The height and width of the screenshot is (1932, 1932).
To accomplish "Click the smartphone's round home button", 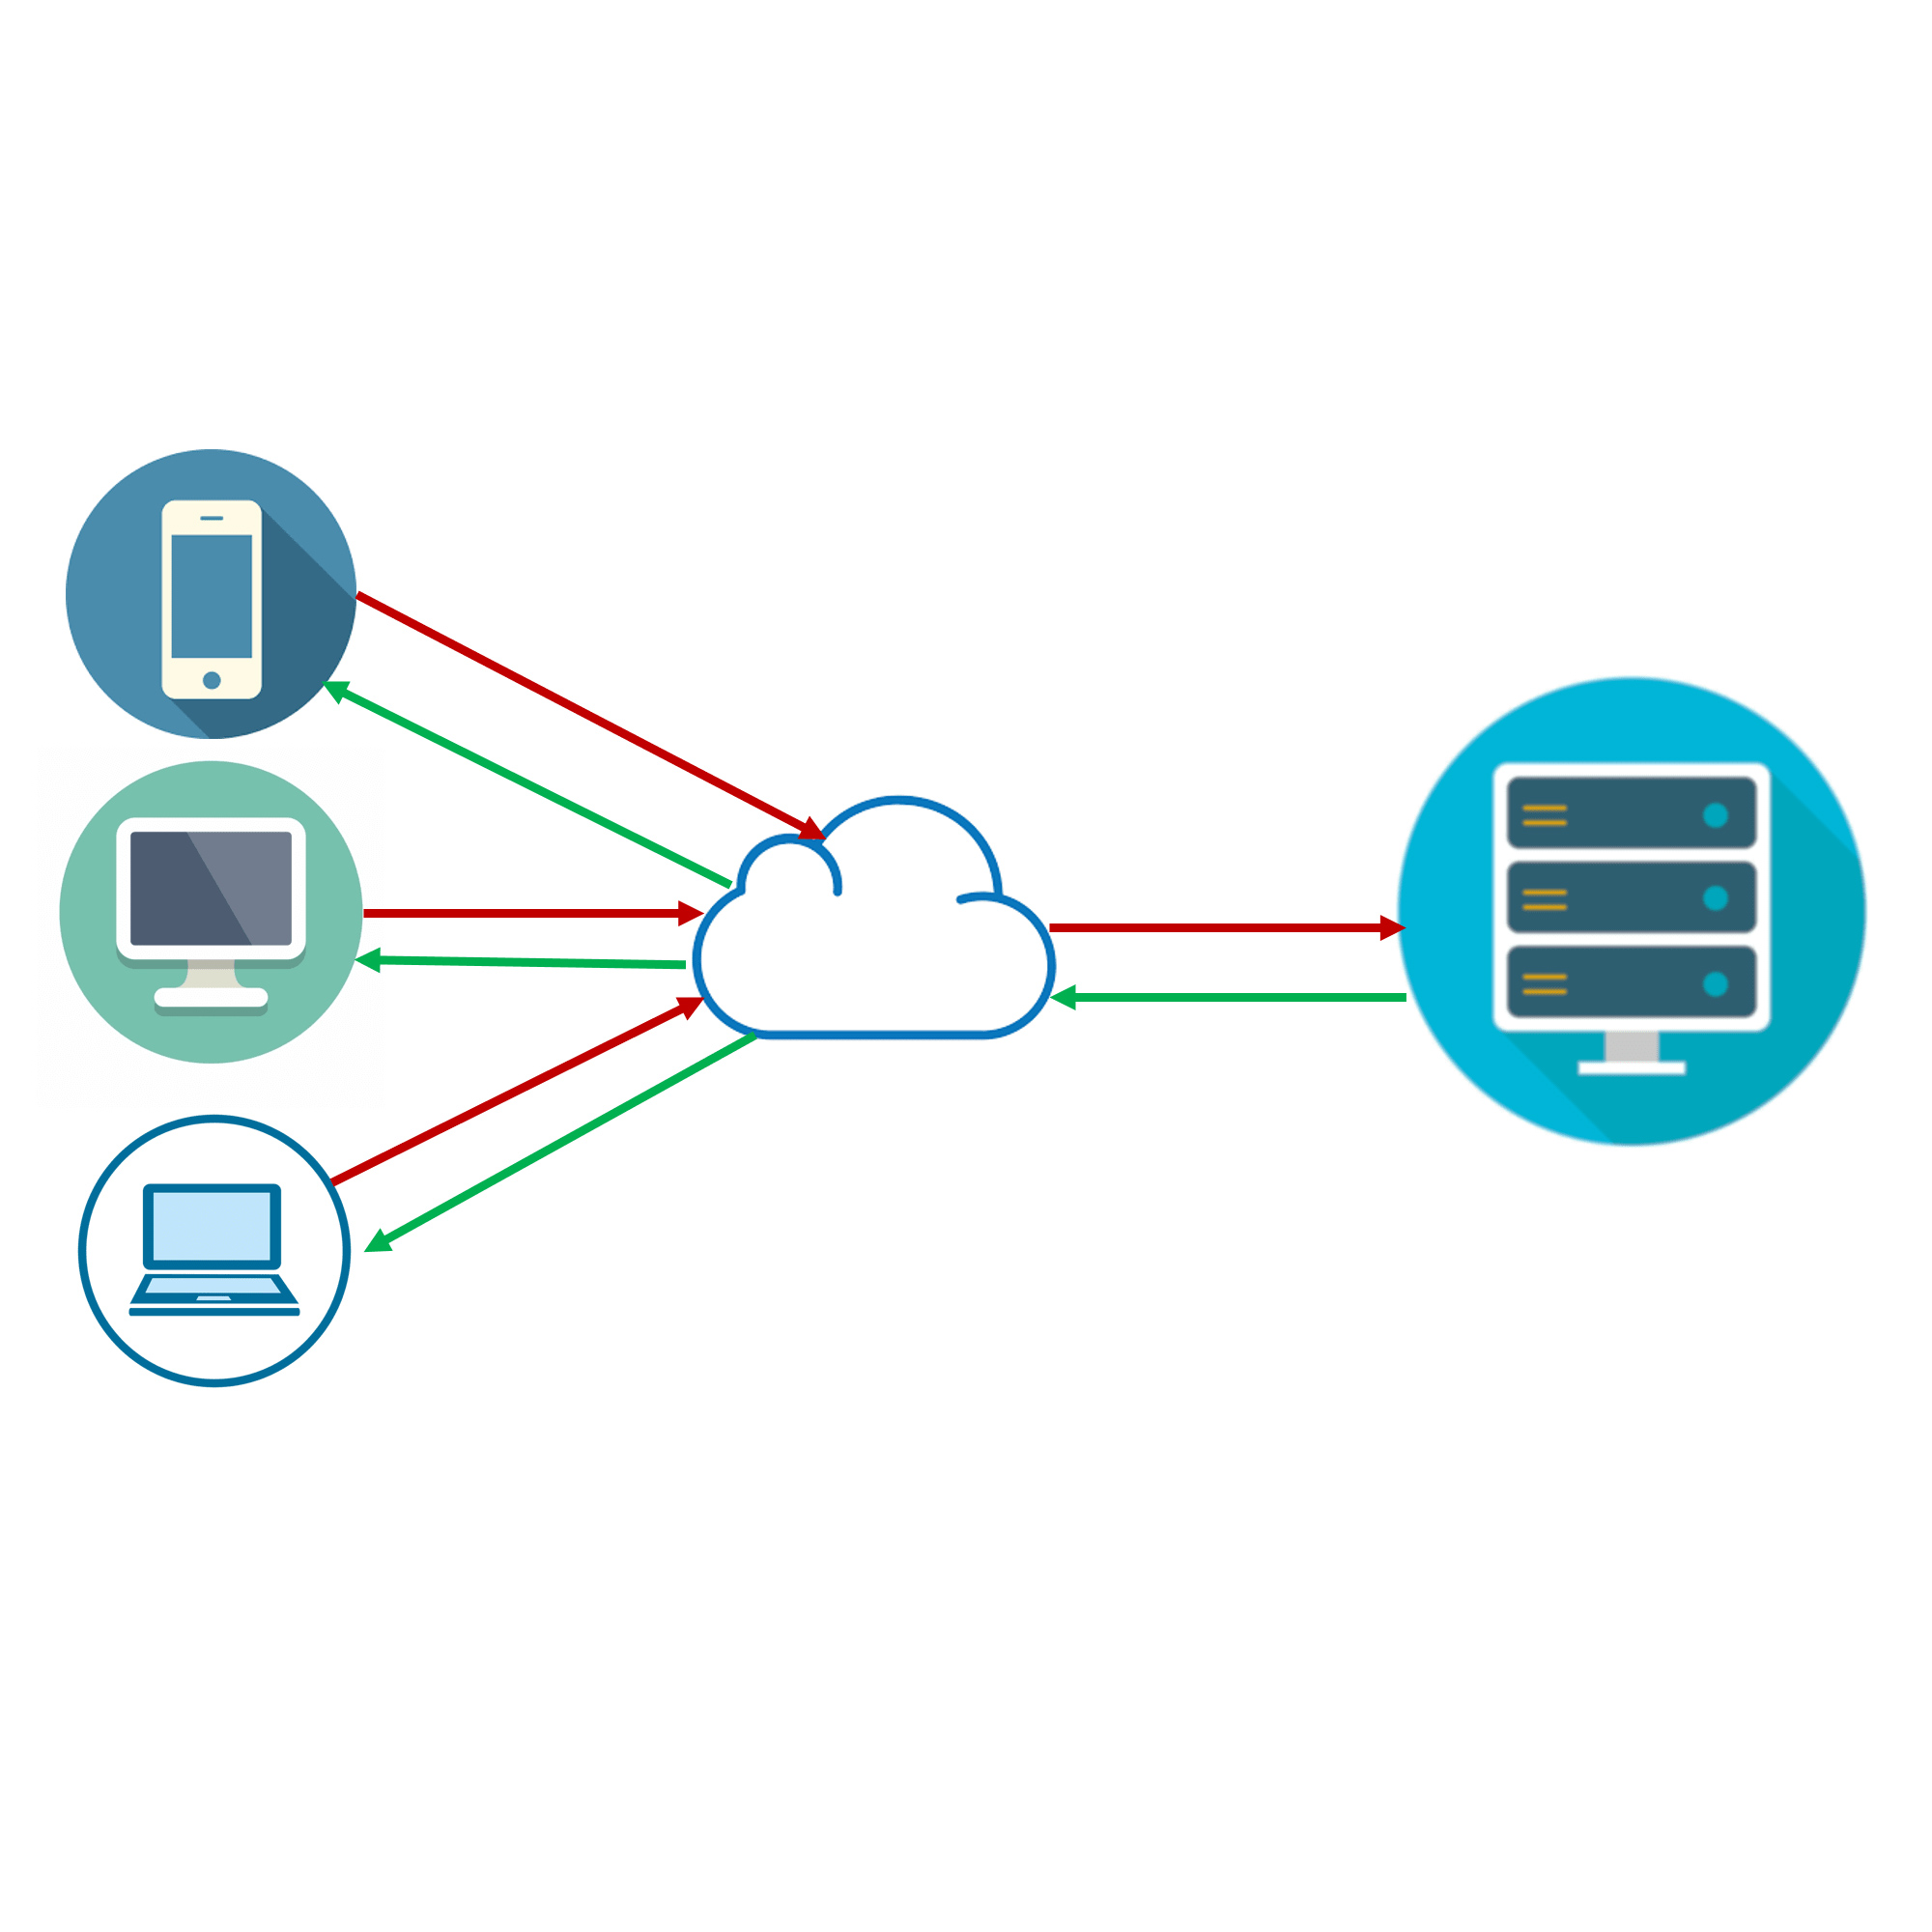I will coord(211,680).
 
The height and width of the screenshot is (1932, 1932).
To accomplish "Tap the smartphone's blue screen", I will coord(211,596).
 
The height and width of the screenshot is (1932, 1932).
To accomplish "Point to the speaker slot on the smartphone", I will coord(211,518).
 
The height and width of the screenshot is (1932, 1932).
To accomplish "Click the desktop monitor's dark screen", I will coord(210,888).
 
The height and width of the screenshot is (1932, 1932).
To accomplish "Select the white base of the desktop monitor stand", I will coord(211,997).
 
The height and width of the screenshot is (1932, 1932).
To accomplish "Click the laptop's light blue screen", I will coord(211,1226).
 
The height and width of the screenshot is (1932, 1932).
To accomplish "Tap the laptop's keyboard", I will coord(212,1286).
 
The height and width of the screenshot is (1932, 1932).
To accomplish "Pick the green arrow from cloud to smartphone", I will coord(530,785).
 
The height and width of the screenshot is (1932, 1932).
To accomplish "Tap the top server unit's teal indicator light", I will coord(1715,815).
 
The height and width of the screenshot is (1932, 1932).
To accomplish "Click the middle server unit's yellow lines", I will coord(1544,899).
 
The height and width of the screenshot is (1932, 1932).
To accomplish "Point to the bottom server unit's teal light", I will coord(1715,984).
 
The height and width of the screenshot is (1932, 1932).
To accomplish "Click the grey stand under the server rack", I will coord(1632,1046).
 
